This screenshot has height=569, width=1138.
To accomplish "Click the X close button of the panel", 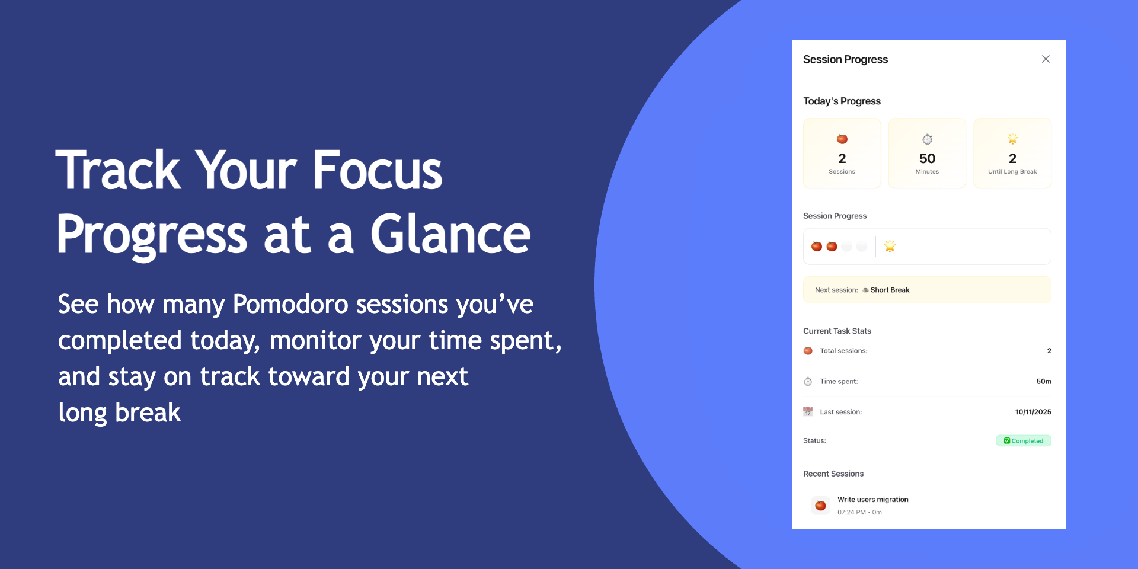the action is coord(1046,59).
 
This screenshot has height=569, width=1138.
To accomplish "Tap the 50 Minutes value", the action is coord(927,158).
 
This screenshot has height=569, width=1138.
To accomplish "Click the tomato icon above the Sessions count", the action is coord(842,139).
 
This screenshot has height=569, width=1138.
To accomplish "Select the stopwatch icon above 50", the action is coord(927,139).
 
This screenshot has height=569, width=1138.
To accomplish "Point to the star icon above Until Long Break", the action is coord(1012,139).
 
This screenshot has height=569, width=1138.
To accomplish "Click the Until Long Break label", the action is coord(1012,172).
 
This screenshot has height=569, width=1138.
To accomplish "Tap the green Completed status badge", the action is coord(1024,441).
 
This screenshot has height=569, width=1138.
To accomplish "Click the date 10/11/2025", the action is coord(1033,412).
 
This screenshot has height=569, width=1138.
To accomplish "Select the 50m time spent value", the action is coord(1044,382).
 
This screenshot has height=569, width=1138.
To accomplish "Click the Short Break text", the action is coord(890,290).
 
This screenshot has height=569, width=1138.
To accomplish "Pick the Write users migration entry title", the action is coord(872,500).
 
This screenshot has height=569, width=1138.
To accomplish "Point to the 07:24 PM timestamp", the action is coord(852,512).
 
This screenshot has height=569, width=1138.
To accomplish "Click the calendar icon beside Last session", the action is coord(808,412).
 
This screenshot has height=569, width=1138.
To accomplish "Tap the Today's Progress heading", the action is coord(842,101).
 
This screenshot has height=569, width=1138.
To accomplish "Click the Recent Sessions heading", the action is coord(833,474).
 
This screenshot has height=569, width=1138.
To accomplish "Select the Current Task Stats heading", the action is coord(837,331).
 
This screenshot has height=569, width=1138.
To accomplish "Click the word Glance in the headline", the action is coord(450,235).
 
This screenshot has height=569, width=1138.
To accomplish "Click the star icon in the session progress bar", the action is coord(890,246).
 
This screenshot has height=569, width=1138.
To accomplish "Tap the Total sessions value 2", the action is coord(1049,351).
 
